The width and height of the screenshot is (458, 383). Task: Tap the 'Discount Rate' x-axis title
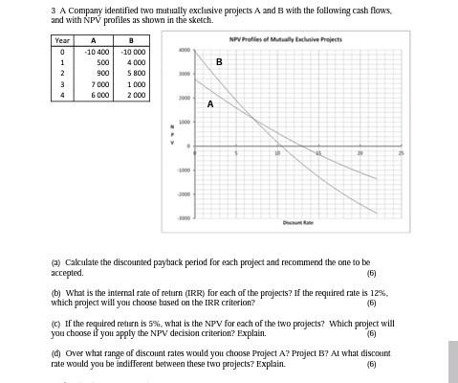point(297,223)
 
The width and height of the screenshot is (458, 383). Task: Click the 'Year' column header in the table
point(62,40)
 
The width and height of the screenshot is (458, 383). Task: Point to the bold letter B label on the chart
point(219,61)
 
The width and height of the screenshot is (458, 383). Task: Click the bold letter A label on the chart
point(210,105)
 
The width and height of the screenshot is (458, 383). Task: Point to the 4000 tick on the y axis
point(185,50)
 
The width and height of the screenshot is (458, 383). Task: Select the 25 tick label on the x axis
point(403,152)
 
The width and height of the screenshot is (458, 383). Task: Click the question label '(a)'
point(55,261)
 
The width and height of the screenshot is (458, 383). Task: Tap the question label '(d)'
point(55,353)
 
